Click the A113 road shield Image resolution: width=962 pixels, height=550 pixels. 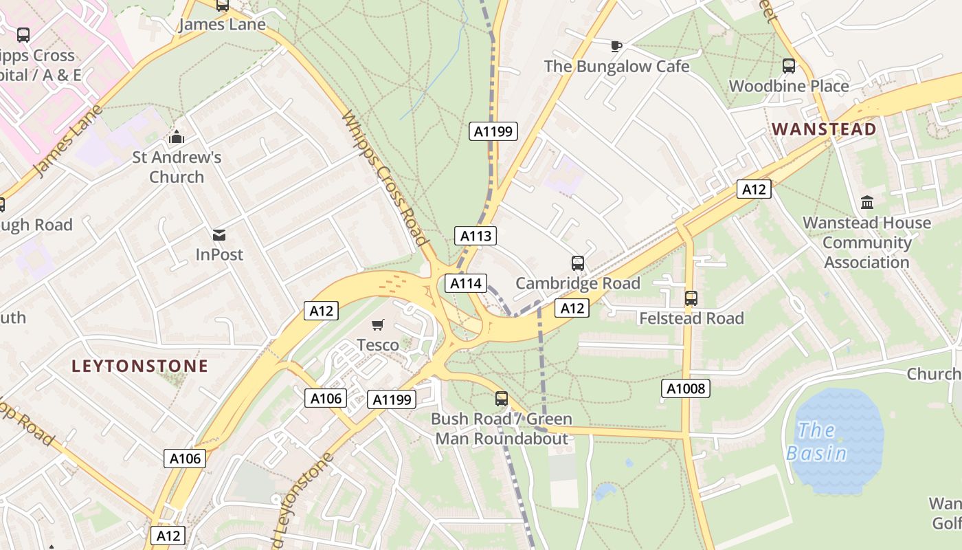[x=476, y=236]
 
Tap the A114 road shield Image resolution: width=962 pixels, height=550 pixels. [x=466, y=283]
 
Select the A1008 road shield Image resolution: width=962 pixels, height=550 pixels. [x=686, y=388]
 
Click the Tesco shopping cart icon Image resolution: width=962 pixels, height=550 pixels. [x=377, y=324]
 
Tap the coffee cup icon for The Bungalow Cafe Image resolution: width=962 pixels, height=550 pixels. [x=616, y=46]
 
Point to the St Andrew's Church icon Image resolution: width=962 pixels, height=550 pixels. [x=177, y=137]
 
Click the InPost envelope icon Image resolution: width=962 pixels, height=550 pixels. [x=219, y=234]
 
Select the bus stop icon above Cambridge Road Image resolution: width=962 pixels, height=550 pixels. [x=578, y=263]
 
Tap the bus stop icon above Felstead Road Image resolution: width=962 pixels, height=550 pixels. [x=691, y=298]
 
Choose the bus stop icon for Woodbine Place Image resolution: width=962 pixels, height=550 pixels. [x=789, y=66]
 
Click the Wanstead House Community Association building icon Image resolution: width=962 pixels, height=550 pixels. [x=867, y=203]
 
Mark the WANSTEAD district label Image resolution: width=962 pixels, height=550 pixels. [x=824, y=129]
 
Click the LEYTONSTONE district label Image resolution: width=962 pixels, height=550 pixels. [x=139, y=366]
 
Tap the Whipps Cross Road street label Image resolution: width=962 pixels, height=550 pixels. [x=384, y=177]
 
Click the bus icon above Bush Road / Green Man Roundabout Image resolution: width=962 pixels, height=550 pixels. [x=502, y=398]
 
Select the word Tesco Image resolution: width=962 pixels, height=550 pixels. [x=378, y=344]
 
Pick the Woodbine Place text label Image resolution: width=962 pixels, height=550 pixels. [x=789, y=86]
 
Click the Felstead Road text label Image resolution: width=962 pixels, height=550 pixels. [x=691, y=318]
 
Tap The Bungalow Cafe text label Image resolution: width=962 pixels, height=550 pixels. [x=616, y=66]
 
